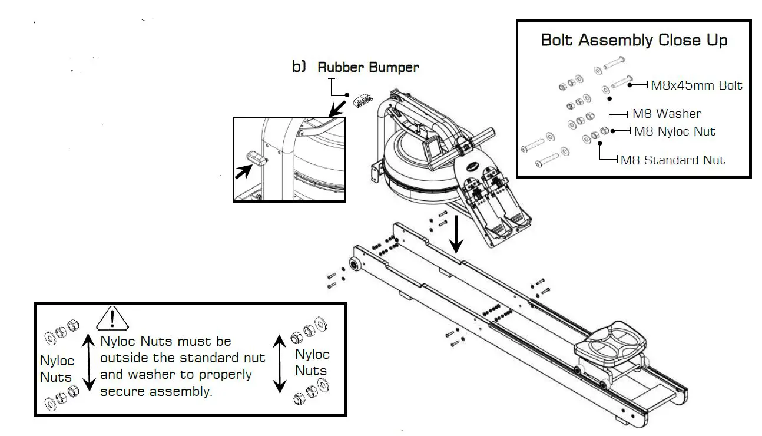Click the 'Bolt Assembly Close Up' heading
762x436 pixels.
(x=634, y=41)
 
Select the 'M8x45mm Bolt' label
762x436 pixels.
(x=696, y=85)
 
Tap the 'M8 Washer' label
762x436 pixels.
(x=667, y=114)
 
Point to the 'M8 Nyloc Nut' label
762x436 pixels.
(x=675, y=131)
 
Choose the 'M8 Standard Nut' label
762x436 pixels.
(x=672, y=160)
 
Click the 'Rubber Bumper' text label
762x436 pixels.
(x=368, y=67)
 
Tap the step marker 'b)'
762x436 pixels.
(x=299, y=67)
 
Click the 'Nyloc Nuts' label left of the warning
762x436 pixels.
(x=56, y=369)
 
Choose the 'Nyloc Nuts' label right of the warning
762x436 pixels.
(x=312, y=362)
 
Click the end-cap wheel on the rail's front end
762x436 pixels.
(x=356, y=265)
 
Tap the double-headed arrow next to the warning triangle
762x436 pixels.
(x=88, y=362)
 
